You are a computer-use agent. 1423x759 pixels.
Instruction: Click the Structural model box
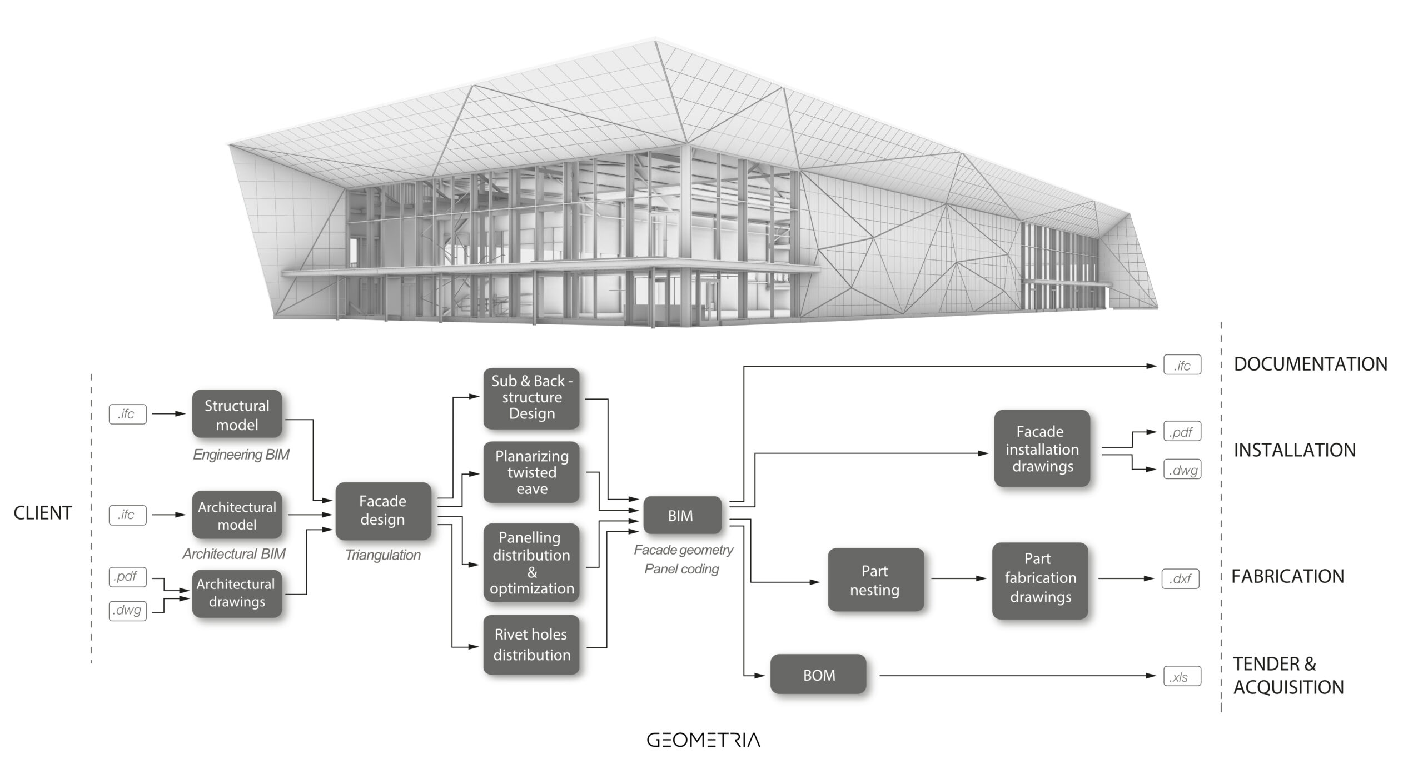[237, 414]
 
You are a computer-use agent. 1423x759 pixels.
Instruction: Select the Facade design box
[383, 511]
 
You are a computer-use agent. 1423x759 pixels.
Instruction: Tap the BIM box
[682, 515]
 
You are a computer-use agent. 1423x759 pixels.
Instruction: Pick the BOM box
[818, 675]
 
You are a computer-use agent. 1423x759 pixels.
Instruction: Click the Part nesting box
[875, 580]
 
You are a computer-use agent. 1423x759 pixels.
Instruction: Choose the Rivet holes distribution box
[531, 645]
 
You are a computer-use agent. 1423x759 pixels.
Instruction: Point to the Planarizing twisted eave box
[531, 472]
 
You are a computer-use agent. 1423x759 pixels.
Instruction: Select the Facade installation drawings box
[1042, 448]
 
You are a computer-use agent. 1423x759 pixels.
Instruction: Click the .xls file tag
[1182, 677]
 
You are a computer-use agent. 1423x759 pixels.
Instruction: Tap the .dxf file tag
[1181, 578]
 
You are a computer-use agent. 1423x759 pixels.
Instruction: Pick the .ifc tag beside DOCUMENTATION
[1182, 365]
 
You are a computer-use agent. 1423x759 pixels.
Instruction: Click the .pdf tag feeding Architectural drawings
[127, 576]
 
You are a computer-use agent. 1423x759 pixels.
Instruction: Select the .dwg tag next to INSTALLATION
[1182, 470]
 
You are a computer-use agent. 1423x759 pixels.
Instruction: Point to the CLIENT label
[43, 513]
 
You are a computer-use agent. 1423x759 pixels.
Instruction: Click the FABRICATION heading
[1287, 576]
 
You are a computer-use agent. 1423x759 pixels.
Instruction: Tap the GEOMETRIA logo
[703, 740]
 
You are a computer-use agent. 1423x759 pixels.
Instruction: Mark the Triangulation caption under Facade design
[383, 555]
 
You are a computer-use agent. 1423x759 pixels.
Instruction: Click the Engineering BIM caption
[241, 455]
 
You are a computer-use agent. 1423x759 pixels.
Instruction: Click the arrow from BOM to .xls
[1017, 676]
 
